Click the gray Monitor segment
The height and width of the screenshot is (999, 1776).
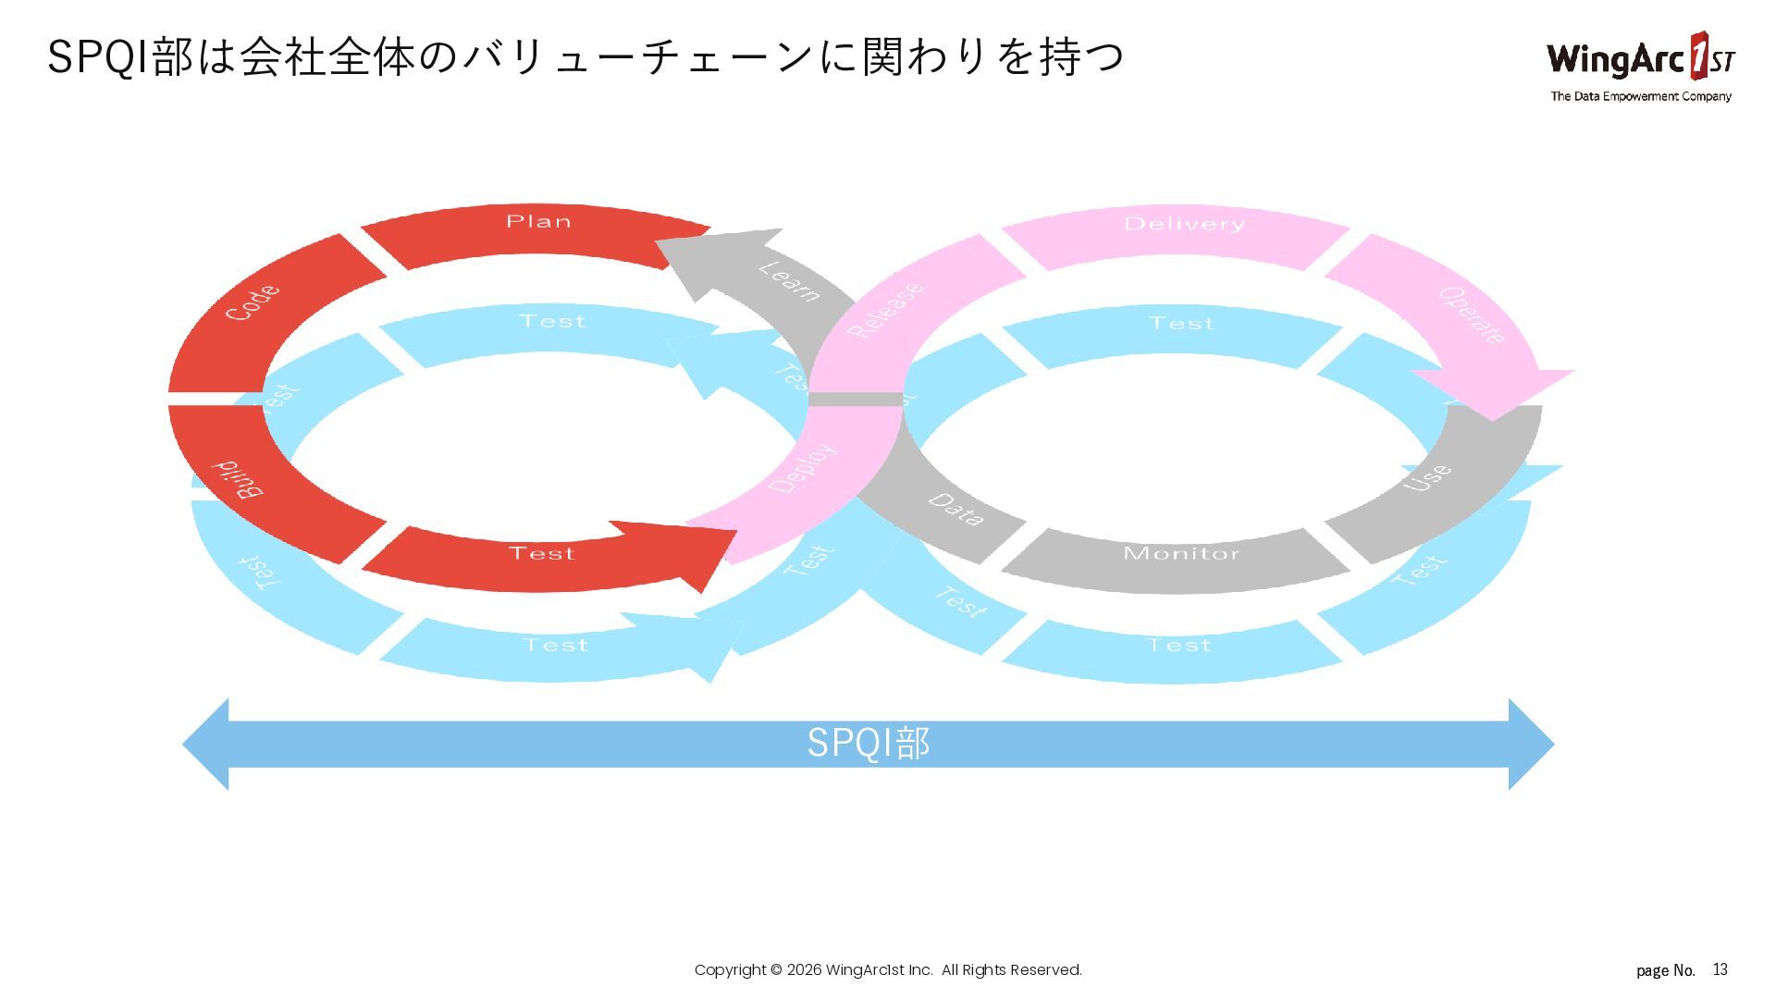pyautogui.click(x=1179, y=560)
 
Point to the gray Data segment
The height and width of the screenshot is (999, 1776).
pyautogui.click(x=953, y=513)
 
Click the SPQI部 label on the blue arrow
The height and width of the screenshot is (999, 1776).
pyautogui.click(x=868, y=744)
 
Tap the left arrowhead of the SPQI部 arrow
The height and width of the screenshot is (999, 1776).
pyautogui.click(x=208, y=744)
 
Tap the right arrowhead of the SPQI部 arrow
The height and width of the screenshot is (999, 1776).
pyautogui.click(x=1531, y=744)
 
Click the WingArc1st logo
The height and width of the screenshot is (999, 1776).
pyautogui.click(x=1640, y=57)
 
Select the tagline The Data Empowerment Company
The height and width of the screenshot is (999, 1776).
pyautogui.click(x=1640, y=96)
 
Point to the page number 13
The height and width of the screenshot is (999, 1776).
pyautogui.click(x=1720, y=969)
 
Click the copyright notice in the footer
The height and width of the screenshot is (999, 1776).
pyautogui.click(x=888, y=969)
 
